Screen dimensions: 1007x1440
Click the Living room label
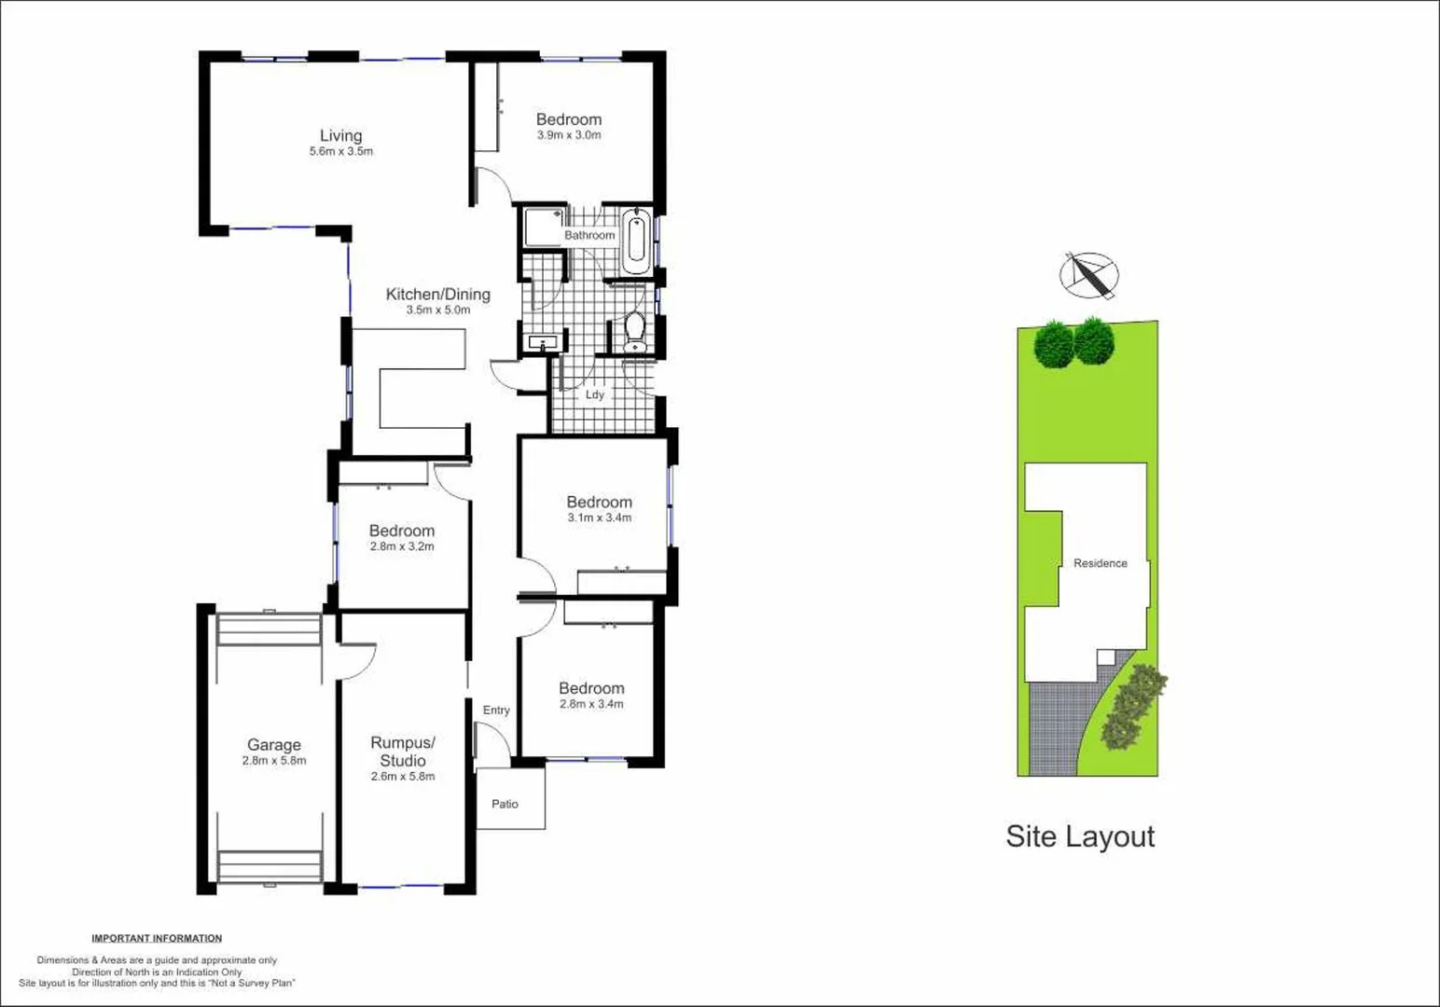340,136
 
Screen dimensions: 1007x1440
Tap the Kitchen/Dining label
437,295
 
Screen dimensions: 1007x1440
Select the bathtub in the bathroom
636,241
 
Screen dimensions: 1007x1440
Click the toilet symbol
635,333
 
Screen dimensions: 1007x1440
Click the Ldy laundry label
594,394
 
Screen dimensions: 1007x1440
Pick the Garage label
273,745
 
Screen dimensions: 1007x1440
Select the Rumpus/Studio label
402,752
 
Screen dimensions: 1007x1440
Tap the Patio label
505,804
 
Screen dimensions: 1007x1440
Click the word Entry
496,710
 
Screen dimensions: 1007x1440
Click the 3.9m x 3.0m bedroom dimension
568,135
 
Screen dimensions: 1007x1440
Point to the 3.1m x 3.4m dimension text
599,517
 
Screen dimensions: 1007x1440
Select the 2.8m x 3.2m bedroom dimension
401,546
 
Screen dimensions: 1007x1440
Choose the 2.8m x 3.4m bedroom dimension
591,704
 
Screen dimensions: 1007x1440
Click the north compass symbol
1088,275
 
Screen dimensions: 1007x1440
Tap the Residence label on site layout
1100,563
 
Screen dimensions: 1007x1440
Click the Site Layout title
1079,836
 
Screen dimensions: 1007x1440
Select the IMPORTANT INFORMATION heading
157,938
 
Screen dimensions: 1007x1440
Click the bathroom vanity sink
542,344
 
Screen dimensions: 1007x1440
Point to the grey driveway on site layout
1054,727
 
